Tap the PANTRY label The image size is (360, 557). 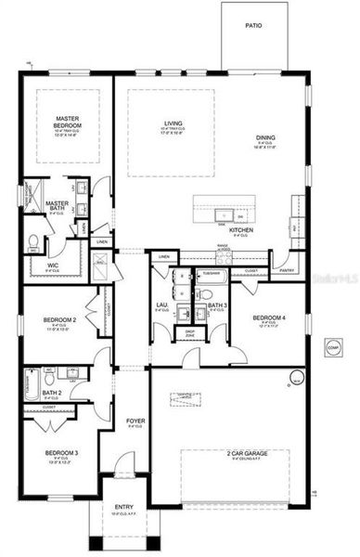click(x=287, y=271)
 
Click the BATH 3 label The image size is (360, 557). click(x=217, y=305)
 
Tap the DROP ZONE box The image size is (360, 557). click(x=190, y=331)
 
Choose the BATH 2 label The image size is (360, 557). click(x=52, y=392)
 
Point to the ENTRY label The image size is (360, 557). click(x=124, y=507)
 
